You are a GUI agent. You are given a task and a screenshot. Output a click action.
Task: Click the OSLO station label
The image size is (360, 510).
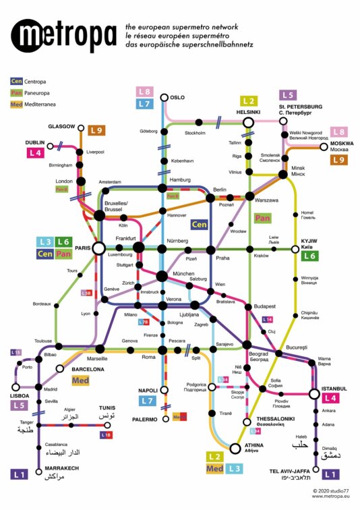[x=177, y=97]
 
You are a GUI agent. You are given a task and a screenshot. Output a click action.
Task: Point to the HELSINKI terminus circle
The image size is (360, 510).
[x=248, y=122]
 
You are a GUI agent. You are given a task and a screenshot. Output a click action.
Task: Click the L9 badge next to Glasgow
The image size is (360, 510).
[x=97, y=130]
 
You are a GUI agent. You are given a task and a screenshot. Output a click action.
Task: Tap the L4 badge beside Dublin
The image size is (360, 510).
[x=36, y=153]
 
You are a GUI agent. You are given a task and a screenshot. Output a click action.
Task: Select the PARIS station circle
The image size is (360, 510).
[x=98, y=248]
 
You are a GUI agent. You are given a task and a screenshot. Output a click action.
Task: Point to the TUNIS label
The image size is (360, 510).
[x=108, y=408]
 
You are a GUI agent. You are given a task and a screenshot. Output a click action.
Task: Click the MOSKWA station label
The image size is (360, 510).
[x=342, y=144]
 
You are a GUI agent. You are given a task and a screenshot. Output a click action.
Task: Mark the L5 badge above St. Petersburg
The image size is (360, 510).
[x=288, y=96]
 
